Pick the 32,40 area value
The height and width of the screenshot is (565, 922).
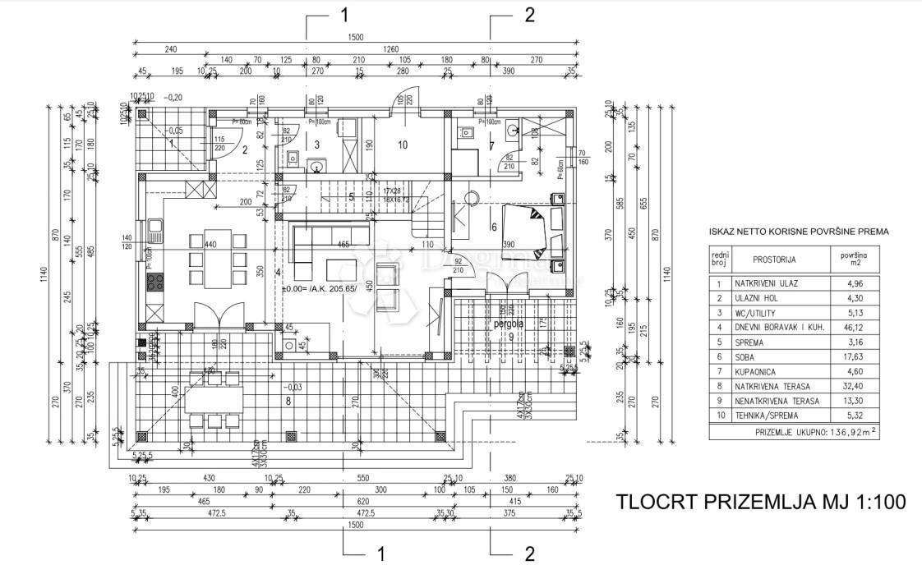pyautogui.click(x=846, y=386)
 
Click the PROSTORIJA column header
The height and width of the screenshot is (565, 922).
pyautogui.click(x=774, y=260)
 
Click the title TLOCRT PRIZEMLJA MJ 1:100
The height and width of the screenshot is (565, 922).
pyautogui.click(x=760, y=502)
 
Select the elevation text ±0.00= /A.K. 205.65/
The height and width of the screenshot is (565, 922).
pyautogui.click(x=319, y=289)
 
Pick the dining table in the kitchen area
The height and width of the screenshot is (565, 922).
pyautogui.click(x=218, y=259)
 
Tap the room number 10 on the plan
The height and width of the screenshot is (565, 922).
pyautogui.click(x=403, y=145)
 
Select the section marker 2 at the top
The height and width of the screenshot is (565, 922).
pyautogui.click(x=528, y=15)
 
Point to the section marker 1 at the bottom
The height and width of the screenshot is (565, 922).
pyautogui.click(x=380, y=552)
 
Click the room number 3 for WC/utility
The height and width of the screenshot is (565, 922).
pyautogui.click(x=316, y=145)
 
